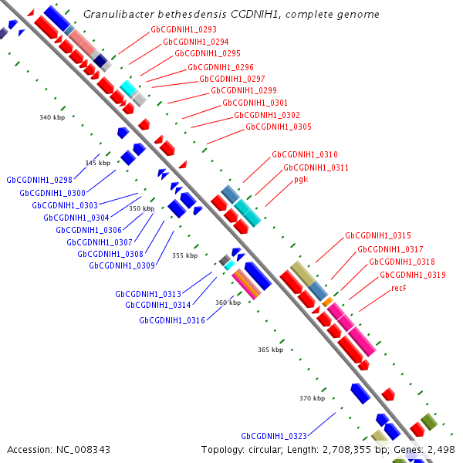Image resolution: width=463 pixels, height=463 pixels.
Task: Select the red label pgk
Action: (x=301, y=179)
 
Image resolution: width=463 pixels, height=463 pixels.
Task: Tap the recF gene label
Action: (x=398, y=288)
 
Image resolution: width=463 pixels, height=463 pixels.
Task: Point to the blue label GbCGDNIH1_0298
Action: (x=39, y=180)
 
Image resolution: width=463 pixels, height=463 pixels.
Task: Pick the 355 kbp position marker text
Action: (x=185, y=255)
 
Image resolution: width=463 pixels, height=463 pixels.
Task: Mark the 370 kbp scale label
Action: (x=312, y=398)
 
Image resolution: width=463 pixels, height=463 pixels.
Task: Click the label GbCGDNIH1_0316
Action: (x=172, y=320)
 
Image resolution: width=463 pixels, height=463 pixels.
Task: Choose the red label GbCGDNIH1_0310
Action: (x=305, y=154)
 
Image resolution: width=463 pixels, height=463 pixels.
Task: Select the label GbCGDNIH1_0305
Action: (x=279, y=127)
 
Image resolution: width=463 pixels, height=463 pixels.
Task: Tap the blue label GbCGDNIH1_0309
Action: (x=122, y=265)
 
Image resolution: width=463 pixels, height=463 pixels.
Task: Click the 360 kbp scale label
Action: (x=228, y=302)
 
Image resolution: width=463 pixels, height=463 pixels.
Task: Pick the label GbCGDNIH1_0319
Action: (x=413, y=275)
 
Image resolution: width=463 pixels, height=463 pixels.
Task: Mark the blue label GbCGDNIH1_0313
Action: (x=148, y=294)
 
